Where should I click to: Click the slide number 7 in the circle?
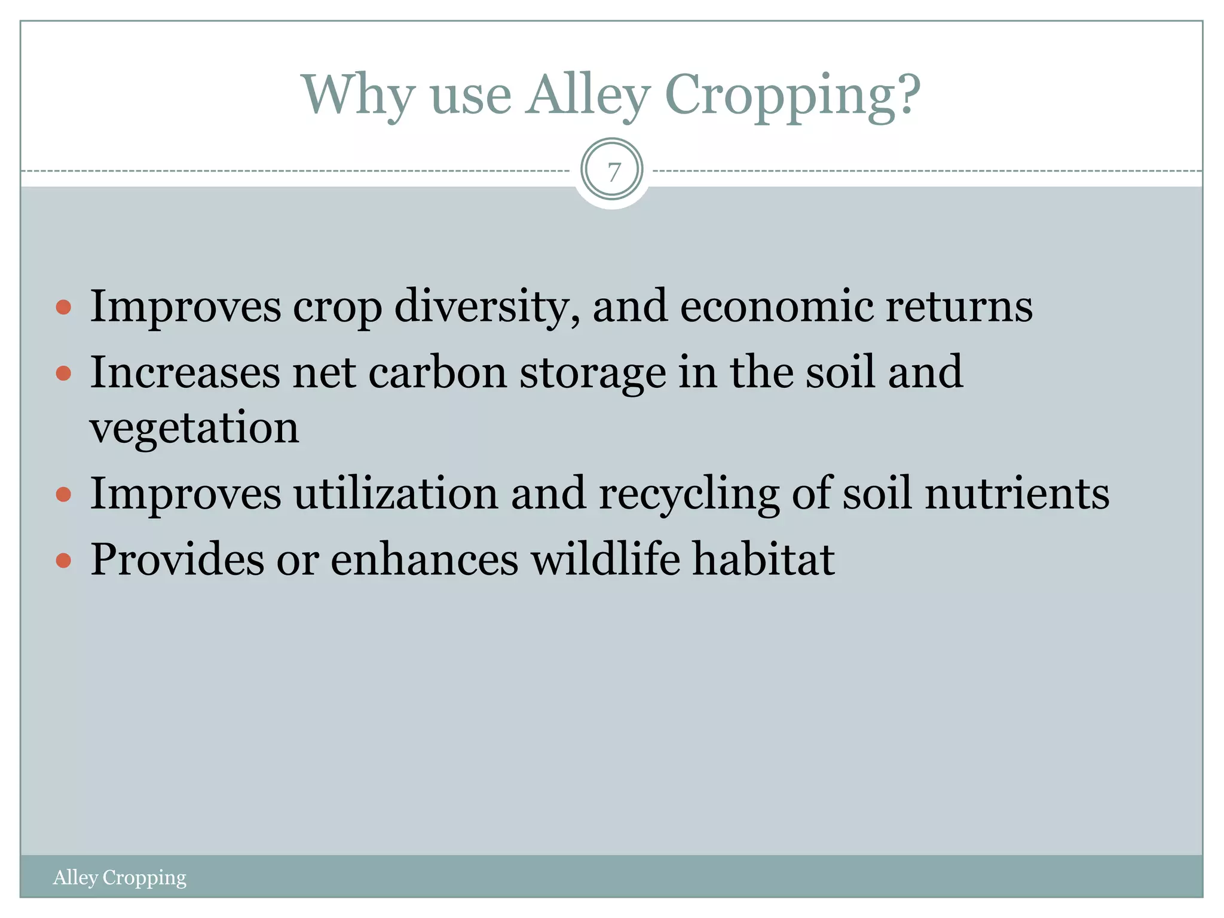point(612,172)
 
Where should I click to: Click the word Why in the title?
point(357,96)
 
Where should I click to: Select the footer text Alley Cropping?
point(120,877)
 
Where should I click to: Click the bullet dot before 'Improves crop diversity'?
point(63,308)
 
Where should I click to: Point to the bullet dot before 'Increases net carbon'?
point(63,374)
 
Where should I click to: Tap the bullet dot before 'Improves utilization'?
point(63,494)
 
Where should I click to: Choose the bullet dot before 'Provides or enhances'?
point(63,561)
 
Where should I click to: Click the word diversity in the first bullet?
point(486,307)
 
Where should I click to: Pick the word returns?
point(959,307)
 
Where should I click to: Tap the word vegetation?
point(194,428)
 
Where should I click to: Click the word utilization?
point(396,493)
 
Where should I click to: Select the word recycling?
point(688,494)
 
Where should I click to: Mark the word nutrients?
point(1017,494)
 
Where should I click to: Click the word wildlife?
point(605,559)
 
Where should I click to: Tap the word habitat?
point(763,559)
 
